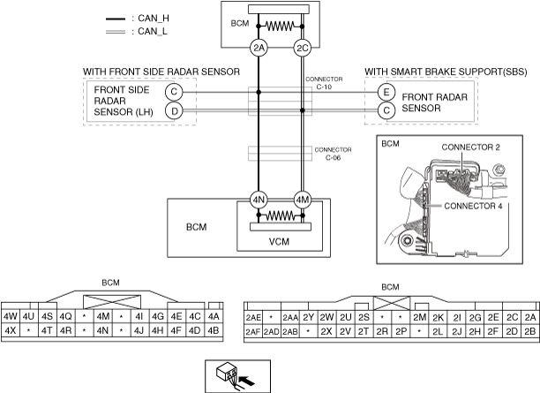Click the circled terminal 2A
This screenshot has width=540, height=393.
pyautogui.click(x=259, y=48)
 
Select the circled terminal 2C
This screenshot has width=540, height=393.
pyautogui.click(x=303, y=48)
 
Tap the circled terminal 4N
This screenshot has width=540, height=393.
pyautogui.click(x=259, y=200)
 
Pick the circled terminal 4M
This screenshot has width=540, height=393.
pyautogui.click(x=303, y=200)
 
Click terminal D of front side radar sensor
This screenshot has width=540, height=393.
pyautogui.click(x=174, y=111)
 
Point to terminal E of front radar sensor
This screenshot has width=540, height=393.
pyautogui.click(x=386, y=92)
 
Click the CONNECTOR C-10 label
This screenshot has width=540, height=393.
pyautogui.click(x=324, y=83)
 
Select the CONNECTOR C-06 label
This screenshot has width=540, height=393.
pyautogui.click(x=333, y=154)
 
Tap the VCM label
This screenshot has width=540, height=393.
pyautogui.click(x=279, y=242)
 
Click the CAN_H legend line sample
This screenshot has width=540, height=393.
pyautogui.click(x=116, y=19)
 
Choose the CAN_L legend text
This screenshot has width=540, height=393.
pyautogui.click(x=153, y=32)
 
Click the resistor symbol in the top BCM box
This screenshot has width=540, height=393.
pyautogui.click(x=280, y=26)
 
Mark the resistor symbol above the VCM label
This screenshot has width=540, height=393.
pyautogui.click(x=280, y=215)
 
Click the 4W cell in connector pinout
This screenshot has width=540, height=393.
pyautogui.click(x=11, y=316)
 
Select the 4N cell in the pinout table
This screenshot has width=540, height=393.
pyautogui.click(x=102, y=330)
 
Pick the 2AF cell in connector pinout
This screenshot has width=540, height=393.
pyautogui.click(x=252, y=332)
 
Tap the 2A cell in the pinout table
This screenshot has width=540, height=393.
pyautogui.click(x=530, y=318)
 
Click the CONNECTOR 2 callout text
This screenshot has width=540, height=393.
pyautogui.click(x=470, y=147)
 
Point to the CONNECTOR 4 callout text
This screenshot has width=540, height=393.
pyautogui.click(x=473, y=206)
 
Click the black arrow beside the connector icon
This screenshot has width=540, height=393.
pyautogui.click(x=246, y=381)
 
